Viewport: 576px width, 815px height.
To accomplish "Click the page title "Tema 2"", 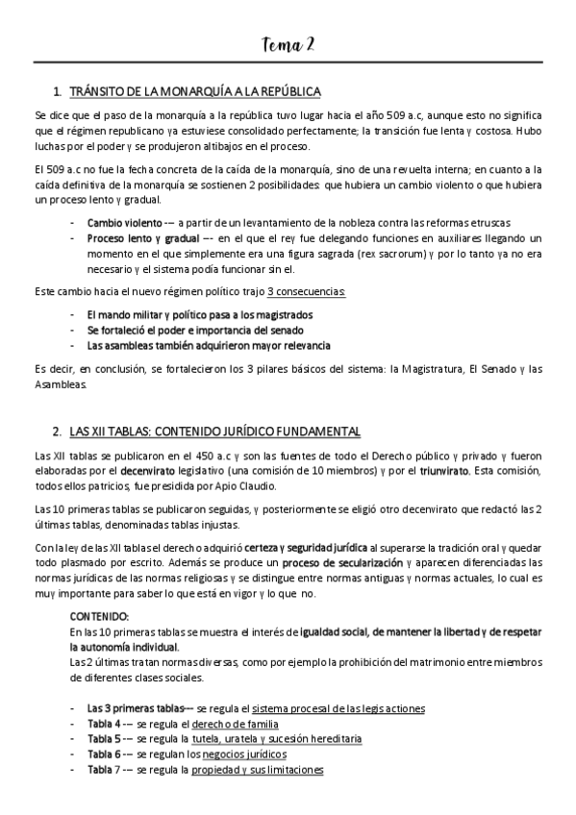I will [288, 45].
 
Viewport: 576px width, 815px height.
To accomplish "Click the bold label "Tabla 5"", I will [105, 740].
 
